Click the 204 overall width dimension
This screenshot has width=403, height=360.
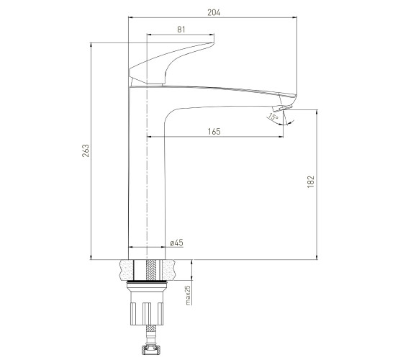(x=214, y=13)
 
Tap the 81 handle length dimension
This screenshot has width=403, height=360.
(x=181, y=30)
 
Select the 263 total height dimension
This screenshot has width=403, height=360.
(x=86, y=150)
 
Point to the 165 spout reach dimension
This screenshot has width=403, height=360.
(x=214, y=131)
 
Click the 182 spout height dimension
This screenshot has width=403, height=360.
(x=311, y=181)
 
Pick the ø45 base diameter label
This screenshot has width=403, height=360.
(x=177, y=243)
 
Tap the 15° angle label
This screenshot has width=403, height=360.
(x=273, y=117)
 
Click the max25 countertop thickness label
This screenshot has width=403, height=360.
(x=189, y=295)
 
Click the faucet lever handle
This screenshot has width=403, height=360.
(x=171, y=63)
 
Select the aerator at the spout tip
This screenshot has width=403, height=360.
(x=282, y=108)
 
